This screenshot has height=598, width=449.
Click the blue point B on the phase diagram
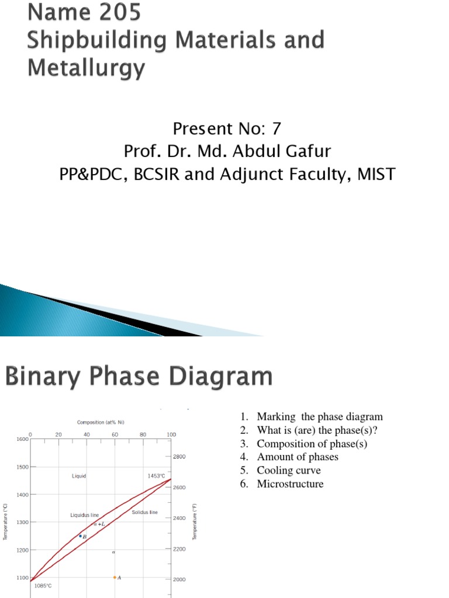(x=81, y=536)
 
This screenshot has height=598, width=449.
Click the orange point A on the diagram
(x=115, y=578)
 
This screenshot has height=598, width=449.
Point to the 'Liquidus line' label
(x=85, y=515)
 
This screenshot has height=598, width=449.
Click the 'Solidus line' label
(x=145, y=512)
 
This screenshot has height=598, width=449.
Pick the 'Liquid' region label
(x=79, y=476)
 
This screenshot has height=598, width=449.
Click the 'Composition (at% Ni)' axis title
(x=101, y=422)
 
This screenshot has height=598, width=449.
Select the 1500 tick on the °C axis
(x=22, y=467)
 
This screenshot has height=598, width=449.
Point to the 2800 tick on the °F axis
(x=179, y=456)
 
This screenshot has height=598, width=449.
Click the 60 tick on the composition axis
(x=115, y=434)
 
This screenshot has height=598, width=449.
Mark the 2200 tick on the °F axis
(x=179, y=550)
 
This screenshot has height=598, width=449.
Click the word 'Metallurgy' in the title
(x=85, y=69)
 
